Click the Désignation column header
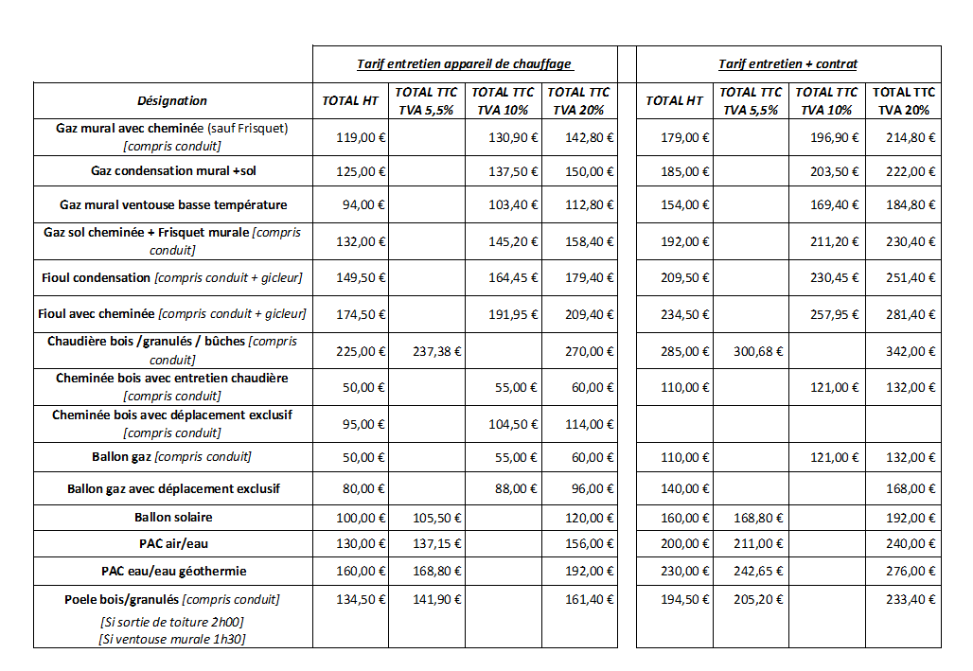(x=172, y=100)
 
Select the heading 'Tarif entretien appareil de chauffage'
(x=464, y=64)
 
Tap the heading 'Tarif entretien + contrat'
(x=787, y=64)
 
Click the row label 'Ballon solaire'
(x=173, y=518)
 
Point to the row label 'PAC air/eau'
(x=173, y=543)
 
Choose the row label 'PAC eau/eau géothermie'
(x=173, y=572)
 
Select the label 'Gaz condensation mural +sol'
(x=173, y=171)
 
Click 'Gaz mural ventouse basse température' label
(x=173, y=204)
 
